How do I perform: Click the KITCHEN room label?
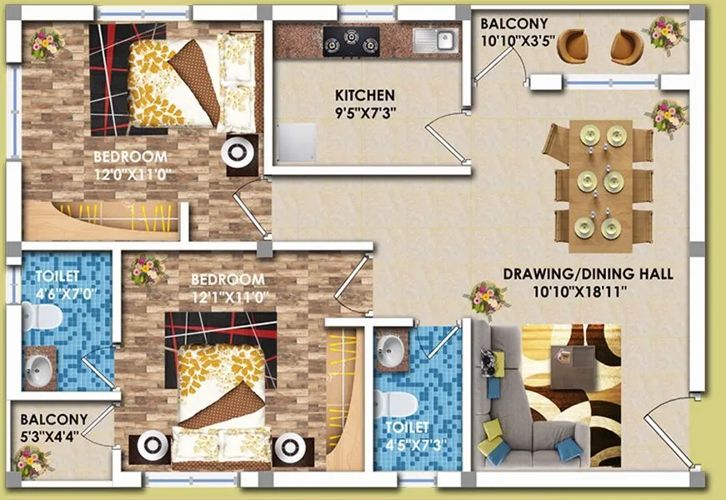365,95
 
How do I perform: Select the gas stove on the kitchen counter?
351,41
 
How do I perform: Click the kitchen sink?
434,40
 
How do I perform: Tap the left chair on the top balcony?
573,47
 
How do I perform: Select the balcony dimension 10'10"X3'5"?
514,38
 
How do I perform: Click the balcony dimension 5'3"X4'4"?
53,433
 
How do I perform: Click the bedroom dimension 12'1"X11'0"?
228,295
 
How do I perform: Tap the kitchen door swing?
444,133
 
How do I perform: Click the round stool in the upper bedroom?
240,153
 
